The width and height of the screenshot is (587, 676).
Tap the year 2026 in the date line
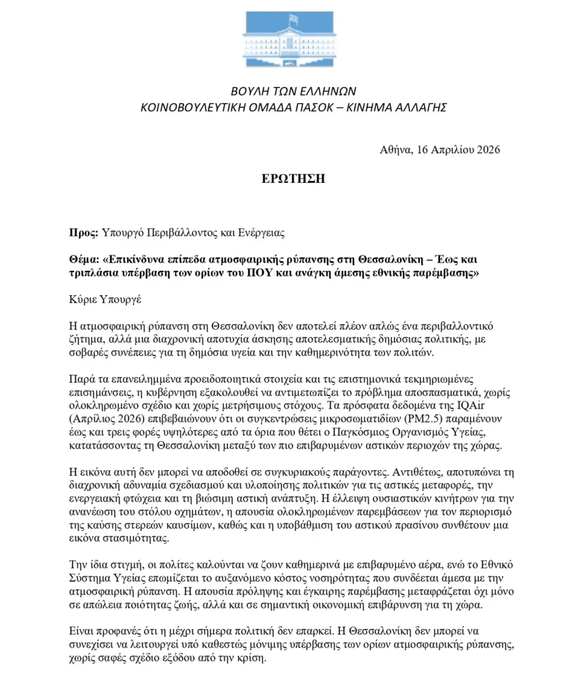tap(487, 149)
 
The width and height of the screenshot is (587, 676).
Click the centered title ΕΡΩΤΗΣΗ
tap(292, 179)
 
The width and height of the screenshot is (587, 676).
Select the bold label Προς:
tap(83, 232)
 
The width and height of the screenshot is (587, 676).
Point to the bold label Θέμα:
tap(85, 259)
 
